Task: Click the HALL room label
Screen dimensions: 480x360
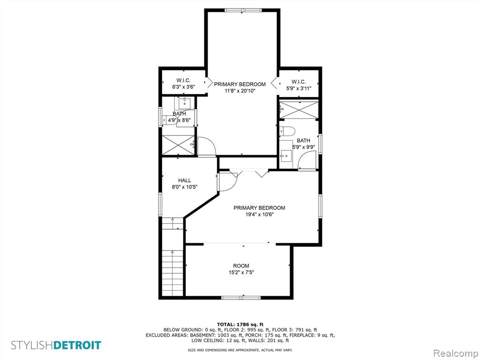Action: (x=185, y=180)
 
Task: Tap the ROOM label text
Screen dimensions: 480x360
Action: (x=241, y=266)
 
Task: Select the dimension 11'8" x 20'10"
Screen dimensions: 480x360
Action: (x=240, y=91)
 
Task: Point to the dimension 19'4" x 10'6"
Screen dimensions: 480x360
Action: (x=259, y=215)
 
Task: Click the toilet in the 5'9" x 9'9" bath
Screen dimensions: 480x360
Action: (x=287, y=131)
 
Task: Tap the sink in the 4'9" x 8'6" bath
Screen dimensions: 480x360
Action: (x=185, y=103)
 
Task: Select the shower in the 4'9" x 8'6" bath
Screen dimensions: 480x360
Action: (x=178, y=145)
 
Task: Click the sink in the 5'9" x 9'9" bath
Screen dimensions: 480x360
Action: (x=285, y=156)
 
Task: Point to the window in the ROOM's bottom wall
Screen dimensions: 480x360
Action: (x=241, y=297)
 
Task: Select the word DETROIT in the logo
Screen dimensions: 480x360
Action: (x=77, y=345)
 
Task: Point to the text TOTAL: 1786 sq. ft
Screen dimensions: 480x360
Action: (x=240, y=324)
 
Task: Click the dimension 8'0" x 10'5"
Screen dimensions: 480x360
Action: (x=185, y=187)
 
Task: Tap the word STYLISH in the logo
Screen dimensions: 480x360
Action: (x=32, y=345)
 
